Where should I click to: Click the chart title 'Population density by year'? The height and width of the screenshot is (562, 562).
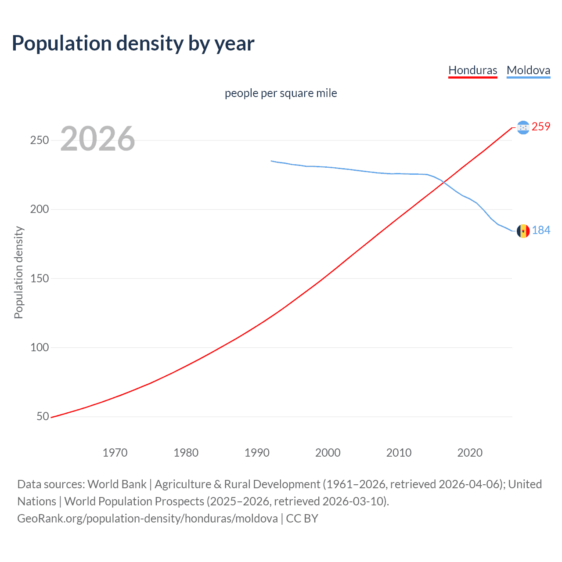click(133, 43)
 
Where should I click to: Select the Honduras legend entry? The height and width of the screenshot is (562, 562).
click(472, 70)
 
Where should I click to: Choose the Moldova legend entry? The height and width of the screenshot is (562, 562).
click(528, 70)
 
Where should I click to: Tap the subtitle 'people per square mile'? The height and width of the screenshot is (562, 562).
click(281, 93)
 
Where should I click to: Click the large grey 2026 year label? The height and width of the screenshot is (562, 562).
click(97, 139)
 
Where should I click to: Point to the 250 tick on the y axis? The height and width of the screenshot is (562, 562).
click(40, 140)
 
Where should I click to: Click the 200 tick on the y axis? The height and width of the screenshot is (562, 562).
click(40, 209)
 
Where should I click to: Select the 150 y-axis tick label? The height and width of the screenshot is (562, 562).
click(40, 278)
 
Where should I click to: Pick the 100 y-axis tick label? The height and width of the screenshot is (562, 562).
click(40, 347)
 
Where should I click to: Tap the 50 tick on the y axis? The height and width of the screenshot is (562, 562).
click(43, 416)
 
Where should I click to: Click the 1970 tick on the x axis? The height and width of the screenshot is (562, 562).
click(115, 453)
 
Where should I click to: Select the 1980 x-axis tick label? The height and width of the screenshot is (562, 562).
click(186, 453)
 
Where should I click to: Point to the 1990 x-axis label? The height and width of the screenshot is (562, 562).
click(257, 453)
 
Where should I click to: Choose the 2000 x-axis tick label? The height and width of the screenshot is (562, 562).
click(328, 453)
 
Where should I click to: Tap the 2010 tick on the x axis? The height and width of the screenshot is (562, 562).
click(399, 453)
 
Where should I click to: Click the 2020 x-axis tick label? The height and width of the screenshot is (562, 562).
click(470, 453)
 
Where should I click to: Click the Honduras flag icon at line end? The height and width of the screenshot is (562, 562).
click(523, 127)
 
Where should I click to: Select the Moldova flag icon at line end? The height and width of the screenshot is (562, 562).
click(523, 231)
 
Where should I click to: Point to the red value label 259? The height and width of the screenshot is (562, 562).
click(541, 127)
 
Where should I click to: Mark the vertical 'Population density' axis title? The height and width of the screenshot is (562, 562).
click(18, 272)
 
